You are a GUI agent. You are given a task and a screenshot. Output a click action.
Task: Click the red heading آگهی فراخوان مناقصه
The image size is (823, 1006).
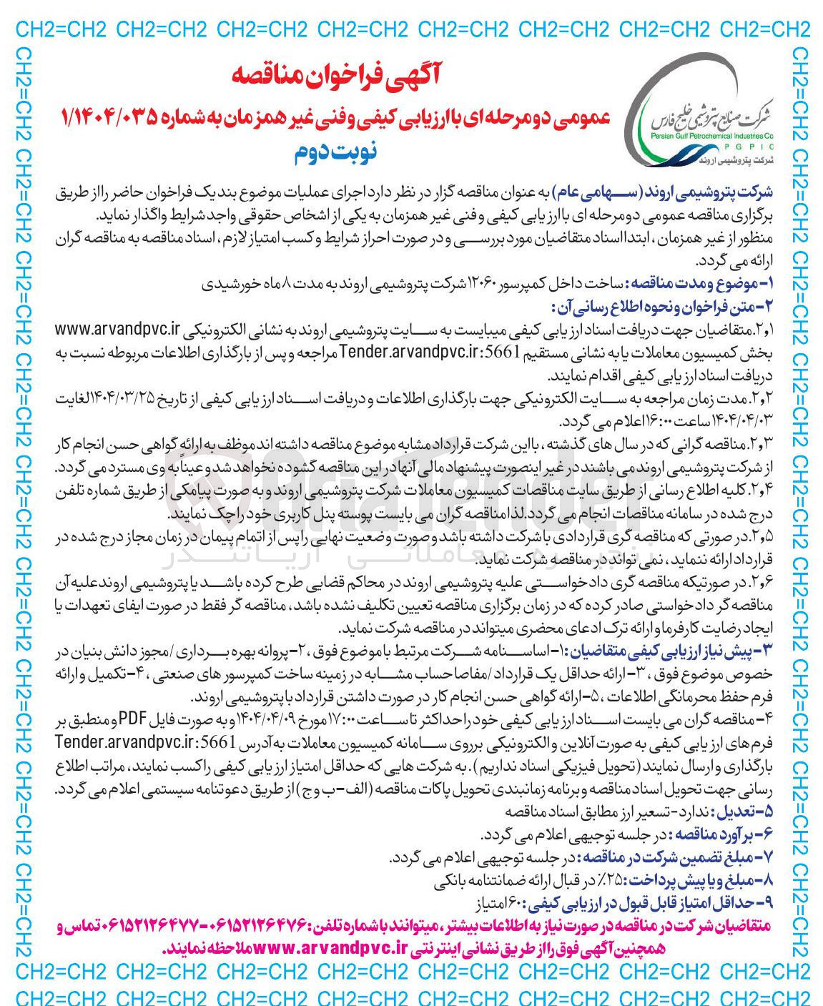[336, 74]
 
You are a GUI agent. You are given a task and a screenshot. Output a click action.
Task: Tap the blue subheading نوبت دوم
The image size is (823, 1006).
[335, 152]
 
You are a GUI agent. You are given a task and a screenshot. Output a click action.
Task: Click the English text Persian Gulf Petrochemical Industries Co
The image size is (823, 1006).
[716, 134]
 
